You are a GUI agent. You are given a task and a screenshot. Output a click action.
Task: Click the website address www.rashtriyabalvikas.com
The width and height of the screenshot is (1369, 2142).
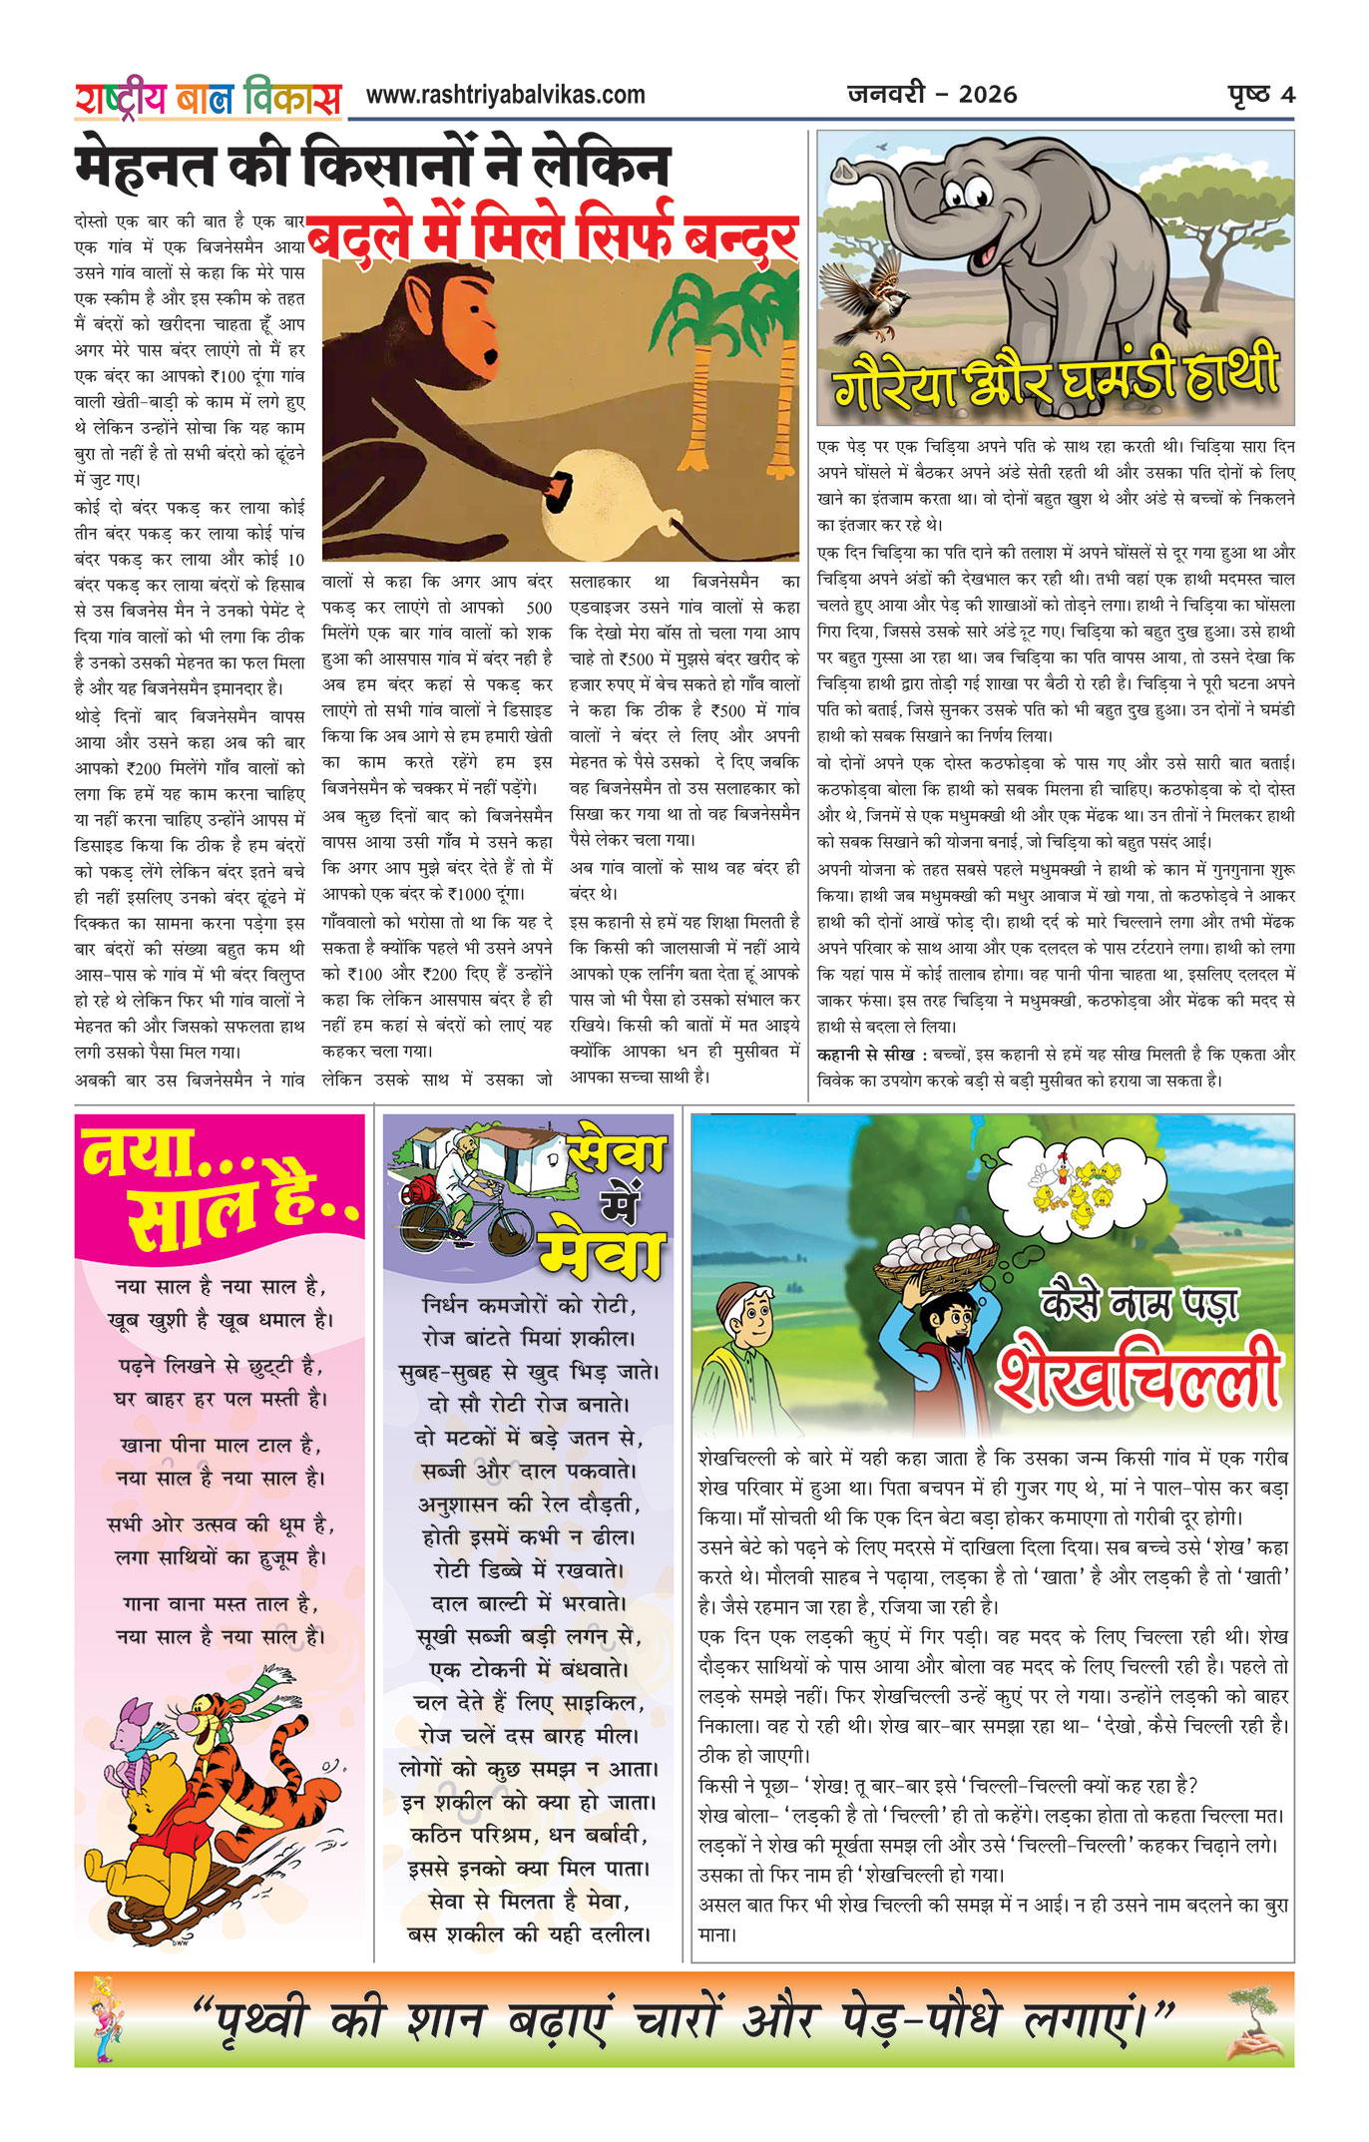[x=505, y=95]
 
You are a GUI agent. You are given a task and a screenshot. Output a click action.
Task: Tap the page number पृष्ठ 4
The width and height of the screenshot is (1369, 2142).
[x=1261, y=95]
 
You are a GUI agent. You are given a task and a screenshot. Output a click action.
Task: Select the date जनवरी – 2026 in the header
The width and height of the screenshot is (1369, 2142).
[x=932, y=95]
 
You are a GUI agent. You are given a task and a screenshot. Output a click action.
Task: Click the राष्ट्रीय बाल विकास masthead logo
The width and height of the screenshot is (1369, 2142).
[x=208, y=99]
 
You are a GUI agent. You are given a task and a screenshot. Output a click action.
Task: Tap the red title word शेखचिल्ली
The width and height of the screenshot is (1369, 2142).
[x=1139, y=1376]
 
